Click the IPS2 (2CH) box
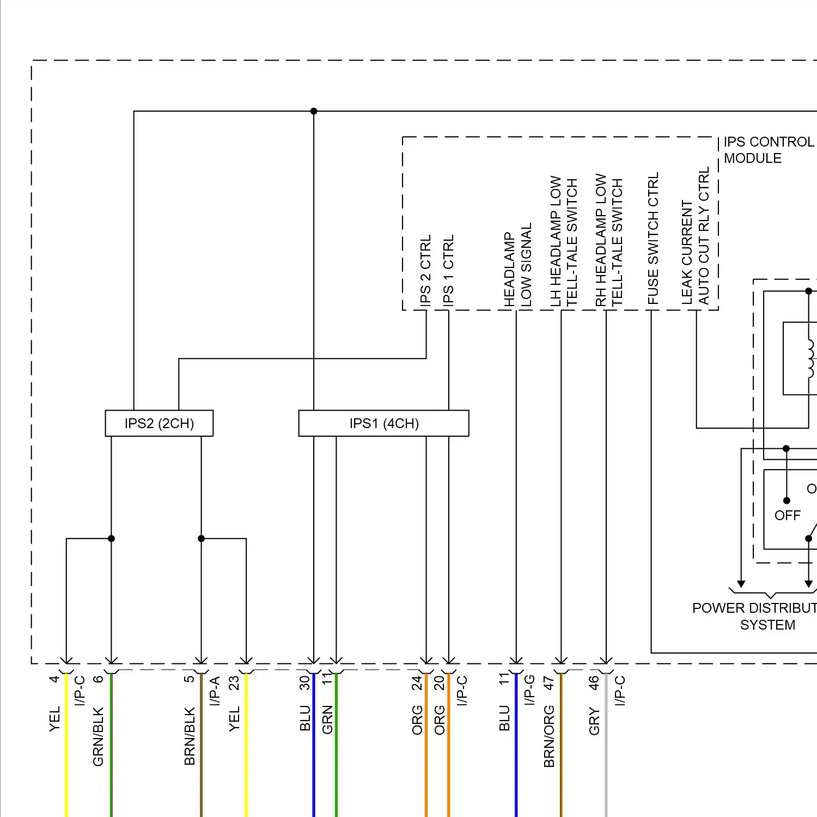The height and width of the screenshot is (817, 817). (x=159, y=423)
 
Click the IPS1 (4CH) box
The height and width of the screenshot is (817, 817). (x=383, y=423)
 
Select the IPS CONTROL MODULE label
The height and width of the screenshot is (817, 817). (x=768, y=150)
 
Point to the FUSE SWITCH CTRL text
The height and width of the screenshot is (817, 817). (x=653, y=239)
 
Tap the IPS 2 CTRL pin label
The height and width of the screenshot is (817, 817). (x=425, y=270)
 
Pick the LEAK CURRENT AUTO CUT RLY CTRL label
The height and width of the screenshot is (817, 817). (x=696, y=236)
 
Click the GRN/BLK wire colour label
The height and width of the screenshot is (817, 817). (x=98, y=736)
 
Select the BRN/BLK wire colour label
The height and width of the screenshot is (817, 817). (x=190, y=736)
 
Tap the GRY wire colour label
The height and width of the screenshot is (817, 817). (x=594, y=721)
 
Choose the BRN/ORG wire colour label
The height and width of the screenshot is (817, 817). (x=549, y=736)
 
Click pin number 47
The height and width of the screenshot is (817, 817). (x=549, y=682)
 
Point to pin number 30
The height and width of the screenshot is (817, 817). (x=305, y=682)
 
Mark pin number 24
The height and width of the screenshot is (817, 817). (x=417, y=682)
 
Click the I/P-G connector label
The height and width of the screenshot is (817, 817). (x=529, y=690)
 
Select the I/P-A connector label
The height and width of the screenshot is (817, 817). (x=215, y=691)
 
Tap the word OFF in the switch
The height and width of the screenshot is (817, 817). (x=787, y=515)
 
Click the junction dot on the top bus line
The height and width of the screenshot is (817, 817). (x=314, y=111)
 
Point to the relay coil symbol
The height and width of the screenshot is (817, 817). (x=810, y=358)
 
